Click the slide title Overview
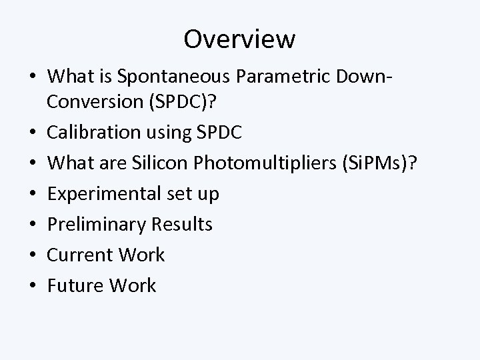[x=239, y=39]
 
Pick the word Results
[x=181, y=224]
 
